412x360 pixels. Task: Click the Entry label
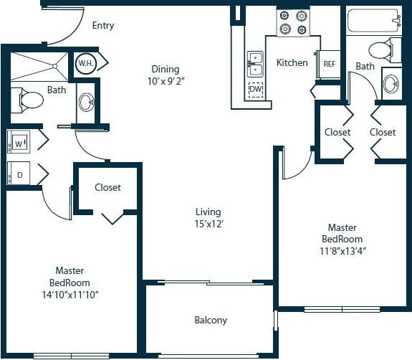pyautogui.click(x=103, y=26)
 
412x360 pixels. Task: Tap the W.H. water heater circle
pyautogui.click(x=86, y=63)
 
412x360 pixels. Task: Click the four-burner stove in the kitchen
pyautogui.click(x=292, y=22)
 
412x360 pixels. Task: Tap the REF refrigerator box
pyautogui.click(x=329, y=64)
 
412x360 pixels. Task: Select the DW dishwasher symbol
pyautogui.click(x=255, y=90)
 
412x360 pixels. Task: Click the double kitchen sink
pyautogui.click(x=255, y=63)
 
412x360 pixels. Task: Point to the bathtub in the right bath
pyautogui.click(x=374, y=21)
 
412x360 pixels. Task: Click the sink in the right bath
pyautogui.click(x=392, y=84)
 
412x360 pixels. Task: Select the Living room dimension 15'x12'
pyautogui.click(x=209, y=224)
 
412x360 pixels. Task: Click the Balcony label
pyautogui.click(x=211, y=321)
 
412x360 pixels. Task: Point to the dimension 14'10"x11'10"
pyautogui.click(x=70, y=293)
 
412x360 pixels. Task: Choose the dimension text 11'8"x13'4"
pyautogui.click(x=342, y=251)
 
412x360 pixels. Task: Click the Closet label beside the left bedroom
pyautogui.click(x=107, y=188)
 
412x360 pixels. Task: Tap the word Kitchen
pyautogui.click(x=292, y=63)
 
